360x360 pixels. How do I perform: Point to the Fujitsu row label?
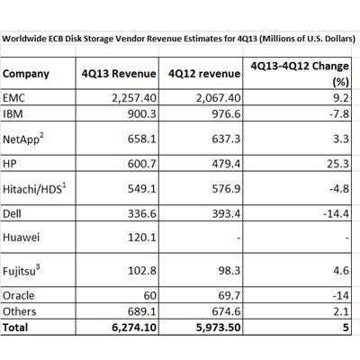point(27,267)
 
